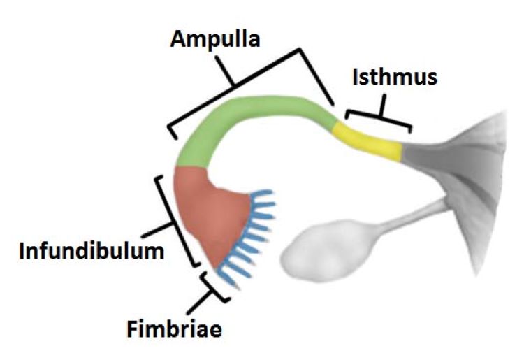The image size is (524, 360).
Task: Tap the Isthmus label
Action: [x=395, y=77]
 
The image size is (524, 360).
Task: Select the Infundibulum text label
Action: [x=92, y=251]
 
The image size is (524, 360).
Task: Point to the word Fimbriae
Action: [x=174, y=329]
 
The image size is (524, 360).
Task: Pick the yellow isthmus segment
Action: [x=367, y=143]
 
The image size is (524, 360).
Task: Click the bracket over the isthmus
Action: [x=379, y=117]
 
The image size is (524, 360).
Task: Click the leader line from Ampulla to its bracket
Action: [x=224, y=70]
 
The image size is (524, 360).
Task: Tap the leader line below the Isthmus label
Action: [x=382, y=106]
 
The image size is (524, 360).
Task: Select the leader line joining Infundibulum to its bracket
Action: [x=157, y=230]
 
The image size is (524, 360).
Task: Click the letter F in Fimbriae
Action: [x=132, y=329]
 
